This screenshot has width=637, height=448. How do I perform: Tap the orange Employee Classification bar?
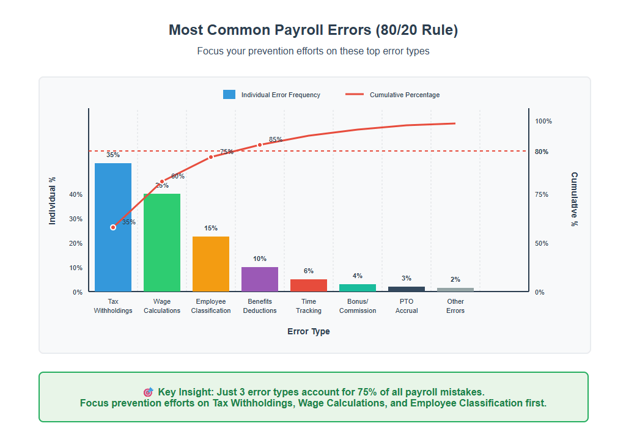pos(211,264)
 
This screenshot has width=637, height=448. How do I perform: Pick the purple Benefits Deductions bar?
pos(260,279)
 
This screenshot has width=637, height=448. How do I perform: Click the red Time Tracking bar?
pos(309,285)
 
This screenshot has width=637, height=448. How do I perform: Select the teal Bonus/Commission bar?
pos(358,288)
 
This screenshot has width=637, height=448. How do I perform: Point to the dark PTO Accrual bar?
pos(407,289)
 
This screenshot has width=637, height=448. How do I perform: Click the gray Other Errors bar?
pos(455,290)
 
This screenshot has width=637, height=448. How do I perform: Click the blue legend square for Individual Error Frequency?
pos(229,95)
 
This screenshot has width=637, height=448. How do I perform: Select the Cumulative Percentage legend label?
pos(405,95)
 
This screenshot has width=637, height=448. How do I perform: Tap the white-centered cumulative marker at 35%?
pos(113,227)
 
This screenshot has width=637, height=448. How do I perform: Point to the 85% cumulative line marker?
pos(260,145)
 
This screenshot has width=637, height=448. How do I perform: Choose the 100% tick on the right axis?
pos(543,121)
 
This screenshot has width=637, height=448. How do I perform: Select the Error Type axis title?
pos(309,332)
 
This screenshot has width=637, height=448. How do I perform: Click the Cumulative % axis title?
pos(574,199)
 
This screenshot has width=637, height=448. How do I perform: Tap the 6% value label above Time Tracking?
pos(309,271)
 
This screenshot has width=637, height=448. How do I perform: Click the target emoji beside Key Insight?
pos(148,392)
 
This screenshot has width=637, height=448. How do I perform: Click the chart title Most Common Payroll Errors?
pos(313,30)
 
